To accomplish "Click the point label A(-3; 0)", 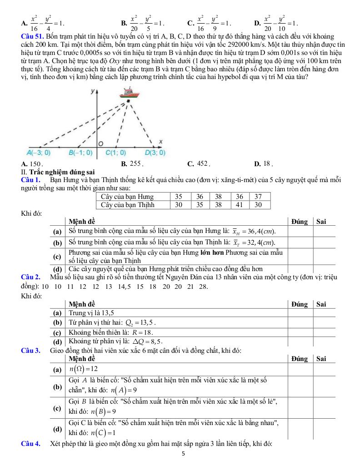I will coord(39,153).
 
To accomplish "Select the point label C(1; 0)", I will coord(115,153).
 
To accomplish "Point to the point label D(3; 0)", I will coord(155,153).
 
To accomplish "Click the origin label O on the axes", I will coord(101,143).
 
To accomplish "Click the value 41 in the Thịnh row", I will coord(240,205).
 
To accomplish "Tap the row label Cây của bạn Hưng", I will coord(127,197).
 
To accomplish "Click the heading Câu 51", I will coord(32,36).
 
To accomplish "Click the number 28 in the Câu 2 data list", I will coord(203,286).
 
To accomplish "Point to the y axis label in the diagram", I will coord(92,91).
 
